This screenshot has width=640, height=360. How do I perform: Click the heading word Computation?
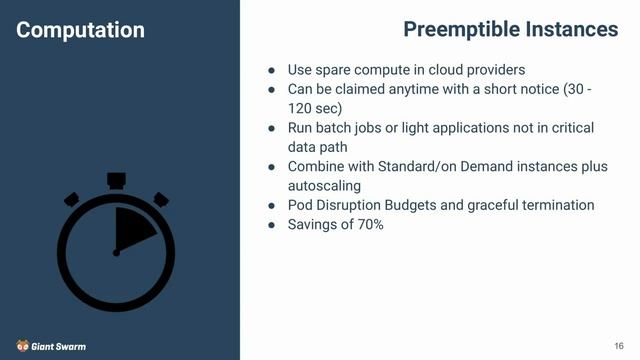(x=80, y=30)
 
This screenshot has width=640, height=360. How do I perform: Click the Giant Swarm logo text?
(x=59, y=346)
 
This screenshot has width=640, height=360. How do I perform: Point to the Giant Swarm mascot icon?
(x=22, y=345)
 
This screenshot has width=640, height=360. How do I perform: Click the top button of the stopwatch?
(x=116, y=181)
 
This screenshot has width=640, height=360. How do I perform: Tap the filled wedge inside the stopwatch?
(x=133, y=233)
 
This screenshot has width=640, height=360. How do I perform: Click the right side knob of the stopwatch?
(x=160, y=199)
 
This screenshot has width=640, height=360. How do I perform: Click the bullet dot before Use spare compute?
(x=271, y=70)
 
